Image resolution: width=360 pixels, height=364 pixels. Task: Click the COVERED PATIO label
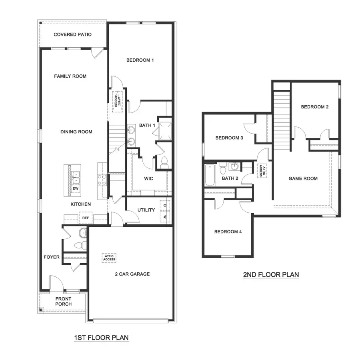[72, 35]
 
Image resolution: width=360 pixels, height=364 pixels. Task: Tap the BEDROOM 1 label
[140, 60]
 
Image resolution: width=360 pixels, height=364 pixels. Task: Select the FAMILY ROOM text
[70, 76]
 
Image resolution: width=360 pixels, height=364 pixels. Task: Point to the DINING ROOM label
[76, 132]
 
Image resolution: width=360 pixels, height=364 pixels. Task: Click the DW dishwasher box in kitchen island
[75, 188]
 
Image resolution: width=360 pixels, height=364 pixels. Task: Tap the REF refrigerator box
[85, 218]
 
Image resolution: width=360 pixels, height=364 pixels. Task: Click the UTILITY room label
[146, 210]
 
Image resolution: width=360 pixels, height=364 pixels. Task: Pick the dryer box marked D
[165, 206]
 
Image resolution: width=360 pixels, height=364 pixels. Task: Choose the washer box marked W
[165, 217]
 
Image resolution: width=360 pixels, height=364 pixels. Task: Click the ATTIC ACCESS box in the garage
[109, 258]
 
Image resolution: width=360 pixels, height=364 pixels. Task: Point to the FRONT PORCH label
[64, 302]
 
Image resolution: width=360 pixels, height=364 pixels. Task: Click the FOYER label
[52, 257]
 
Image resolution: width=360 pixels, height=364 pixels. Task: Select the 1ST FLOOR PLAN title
[101, 338]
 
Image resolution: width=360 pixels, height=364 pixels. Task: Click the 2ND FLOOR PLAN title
[271, 275]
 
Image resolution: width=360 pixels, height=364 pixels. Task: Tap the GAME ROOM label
[303, 178]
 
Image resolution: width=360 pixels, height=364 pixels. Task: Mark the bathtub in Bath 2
[210, 176]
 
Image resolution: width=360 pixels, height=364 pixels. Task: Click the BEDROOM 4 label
[228, 232]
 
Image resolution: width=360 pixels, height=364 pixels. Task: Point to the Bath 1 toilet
[164, 162]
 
